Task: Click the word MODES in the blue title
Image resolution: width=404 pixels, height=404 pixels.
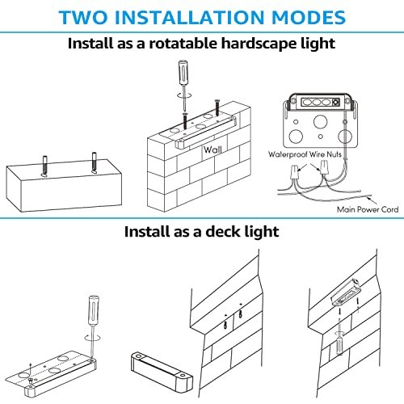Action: [309, 18]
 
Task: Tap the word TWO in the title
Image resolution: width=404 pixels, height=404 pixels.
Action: [83, 18]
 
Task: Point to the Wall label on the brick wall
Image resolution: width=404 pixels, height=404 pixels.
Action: [213, 149]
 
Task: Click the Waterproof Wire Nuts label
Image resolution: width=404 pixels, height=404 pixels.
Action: [305, 154]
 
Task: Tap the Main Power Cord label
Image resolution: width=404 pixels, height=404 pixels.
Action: [368, 209]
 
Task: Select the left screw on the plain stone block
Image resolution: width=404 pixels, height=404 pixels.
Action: [45, 166]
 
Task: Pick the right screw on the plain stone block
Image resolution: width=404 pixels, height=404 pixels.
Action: [95, 162]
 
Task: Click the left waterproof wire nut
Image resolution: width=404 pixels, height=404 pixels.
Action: [294, 173]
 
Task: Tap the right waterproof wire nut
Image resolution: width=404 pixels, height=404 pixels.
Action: [325, 168]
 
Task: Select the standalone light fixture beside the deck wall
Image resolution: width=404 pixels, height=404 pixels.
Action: [162, 372]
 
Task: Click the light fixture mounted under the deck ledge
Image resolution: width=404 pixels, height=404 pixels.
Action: [347, 292]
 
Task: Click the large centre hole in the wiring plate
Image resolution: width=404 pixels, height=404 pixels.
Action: [321, 122]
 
